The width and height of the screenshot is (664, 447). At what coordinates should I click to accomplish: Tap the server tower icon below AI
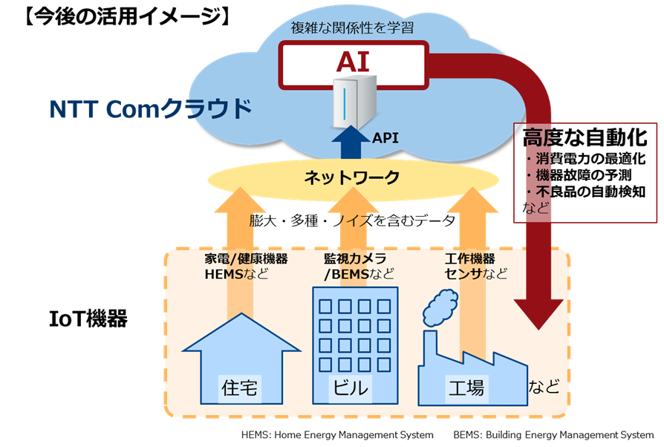pyautogui.click(x=354, y=102)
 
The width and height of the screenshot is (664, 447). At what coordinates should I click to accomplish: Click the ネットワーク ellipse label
pyautogui.click(x=352, y=177)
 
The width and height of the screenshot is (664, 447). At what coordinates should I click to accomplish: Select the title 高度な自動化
pyautogui.click(x=585, y=138)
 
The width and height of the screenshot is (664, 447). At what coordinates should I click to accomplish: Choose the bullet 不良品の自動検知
pyautogui.click(x=588, y=192)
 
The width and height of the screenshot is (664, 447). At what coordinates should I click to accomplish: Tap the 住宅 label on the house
pyautogui.click(x=239, y=386)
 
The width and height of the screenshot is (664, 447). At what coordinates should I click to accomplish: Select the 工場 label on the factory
pyautogui.click(x=465, y=386)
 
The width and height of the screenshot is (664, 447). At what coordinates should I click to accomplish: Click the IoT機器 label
pyautogui.click(x=88, y=320)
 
